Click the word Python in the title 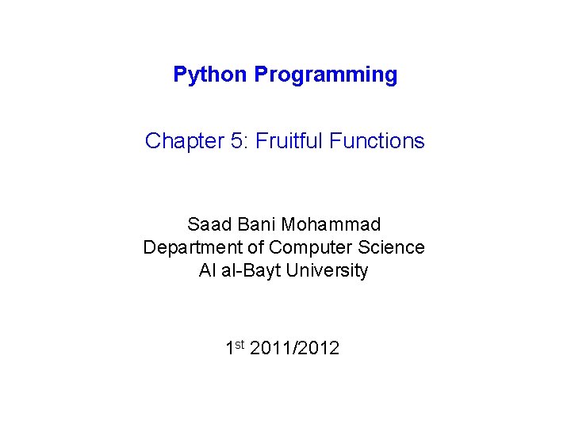[210, 75]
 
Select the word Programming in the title [326, 75]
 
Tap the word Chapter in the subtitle [185, 141]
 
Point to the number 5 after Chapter [237, 141]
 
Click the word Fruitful [289, 140]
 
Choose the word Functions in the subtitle [377, 140]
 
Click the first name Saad [209, 224]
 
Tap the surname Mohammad [331, 224]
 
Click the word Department [192, 248]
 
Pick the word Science [391, 247]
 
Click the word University [327, 271]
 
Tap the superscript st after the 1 [240, 344]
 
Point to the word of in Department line [255, 247]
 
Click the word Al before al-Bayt [207, 270]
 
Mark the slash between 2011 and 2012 [294, 348]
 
